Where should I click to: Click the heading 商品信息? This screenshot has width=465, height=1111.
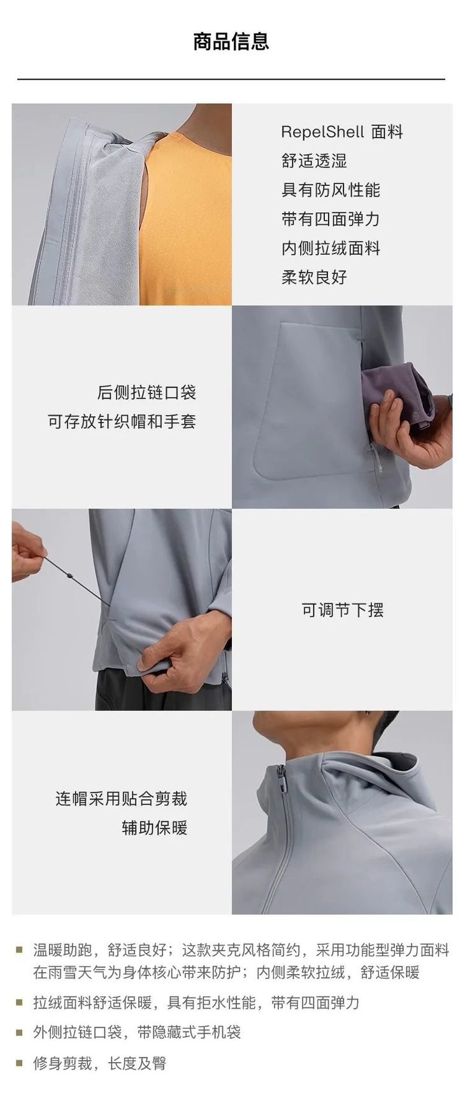click(231, 41)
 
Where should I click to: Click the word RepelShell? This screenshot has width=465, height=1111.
click(322, 132)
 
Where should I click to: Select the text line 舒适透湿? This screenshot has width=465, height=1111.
click(314, 161)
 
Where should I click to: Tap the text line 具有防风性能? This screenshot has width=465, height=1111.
click(331, 190)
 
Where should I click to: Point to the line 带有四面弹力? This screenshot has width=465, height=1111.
click(331, 219)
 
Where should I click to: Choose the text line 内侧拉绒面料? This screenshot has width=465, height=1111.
click(331, 248)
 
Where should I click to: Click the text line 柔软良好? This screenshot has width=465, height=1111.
click(314, 277)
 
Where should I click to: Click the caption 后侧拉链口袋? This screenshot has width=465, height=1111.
click(147, 392)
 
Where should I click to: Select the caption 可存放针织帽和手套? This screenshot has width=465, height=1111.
click(122, 421)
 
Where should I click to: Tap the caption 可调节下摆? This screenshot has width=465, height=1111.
click(342, 610)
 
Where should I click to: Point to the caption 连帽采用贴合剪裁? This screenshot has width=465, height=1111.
click(121, 798)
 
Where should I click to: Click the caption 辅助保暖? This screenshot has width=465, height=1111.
click(154, 828)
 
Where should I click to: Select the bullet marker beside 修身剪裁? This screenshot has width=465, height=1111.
click(20, 1063)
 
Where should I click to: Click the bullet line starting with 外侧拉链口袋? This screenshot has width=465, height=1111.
click(137, 1032)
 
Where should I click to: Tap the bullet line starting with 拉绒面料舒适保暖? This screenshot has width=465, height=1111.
click(196, 1003)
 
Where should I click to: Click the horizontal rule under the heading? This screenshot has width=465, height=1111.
click(231, 79)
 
